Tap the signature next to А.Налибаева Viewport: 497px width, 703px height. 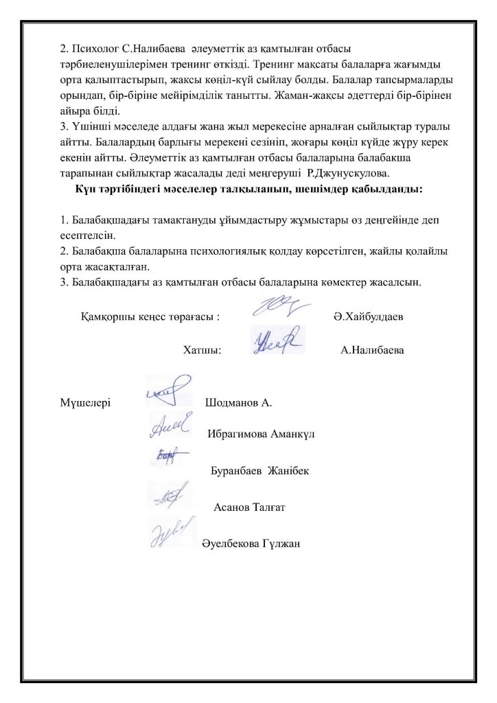point(275,341)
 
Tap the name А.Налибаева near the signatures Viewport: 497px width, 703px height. point(371,350)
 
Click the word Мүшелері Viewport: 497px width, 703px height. point(86,402)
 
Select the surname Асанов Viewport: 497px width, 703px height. point(233,508)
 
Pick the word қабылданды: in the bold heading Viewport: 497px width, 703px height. point(379,187)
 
